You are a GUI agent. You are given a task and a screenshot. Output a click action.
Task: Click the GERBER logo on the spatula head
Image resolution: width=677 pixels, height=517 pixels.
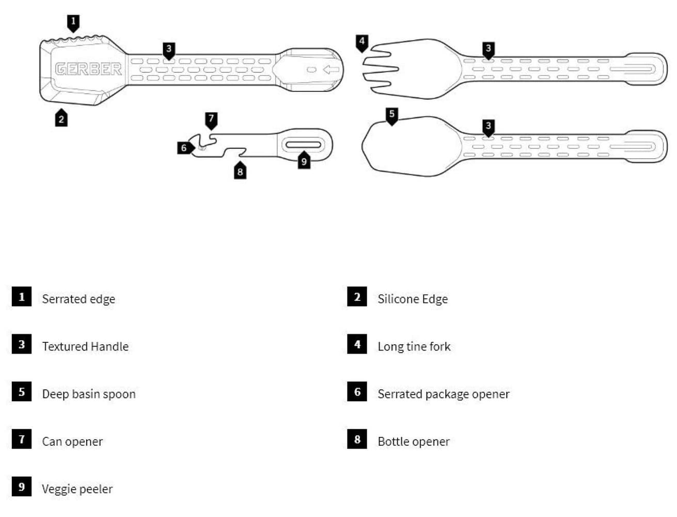88,69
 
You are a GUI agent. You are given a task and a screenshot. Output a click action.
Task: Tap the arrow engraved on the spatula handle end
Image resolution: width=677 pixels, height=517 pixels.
330,69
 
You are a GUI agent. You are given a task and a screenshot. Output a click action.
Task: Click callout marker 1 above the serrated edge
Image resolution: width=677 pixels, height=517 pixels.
73,23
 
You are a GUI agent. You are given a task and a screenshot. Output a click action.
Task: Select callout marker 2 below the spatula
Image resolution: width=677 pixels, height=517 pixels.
61,117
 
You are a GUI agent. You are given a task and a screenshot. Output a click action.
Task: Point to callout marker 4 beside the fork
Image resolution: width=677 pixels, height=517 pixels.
362,43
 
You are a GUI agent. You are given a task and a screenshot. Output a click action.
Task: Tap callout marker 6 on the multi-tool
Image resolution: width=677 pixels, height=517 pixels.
186,148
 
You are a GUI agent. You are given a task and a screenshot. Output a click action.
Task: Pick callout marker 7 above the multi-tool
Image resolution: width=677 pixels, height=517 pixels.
211,121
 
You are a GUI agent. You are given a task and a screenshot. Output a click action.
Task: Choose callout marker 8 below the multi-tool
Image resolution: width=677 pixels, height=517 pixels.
240,170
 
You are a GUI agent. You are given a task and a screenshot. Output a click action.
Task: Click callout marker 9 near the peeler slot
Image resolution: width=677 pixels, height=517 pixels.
304,160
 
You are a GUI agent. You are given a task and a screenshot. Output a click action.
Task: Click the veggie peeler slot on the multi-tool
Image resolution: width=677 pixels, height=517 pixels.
303,145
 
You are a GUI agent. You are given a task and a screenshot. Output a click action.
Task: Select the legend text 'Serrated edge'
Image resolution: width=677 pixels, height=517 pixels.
78,299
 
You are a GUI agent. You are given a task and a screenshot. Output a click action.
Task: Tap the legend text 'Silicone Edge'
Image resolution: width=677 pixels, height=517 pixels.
413,299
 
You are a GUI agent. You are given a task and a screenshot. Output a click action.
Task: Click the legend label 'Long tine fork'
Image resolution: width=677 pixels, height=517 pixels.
414,346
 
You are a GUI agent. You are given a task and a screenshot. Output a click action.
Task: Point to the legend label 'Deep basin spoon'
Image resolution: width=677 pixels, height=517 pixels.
89,394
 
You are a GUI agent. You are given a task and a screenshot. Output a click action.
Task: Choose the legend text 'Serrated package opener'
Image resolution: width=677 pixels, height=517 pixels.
444,394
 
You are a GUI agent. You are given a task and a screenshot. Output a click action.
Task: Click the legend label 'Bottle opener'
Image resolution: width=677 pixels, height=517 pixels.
414,442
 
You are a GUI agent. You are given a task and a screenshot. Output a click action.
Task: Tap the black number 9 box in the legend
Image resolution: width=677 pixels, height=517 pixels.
22,486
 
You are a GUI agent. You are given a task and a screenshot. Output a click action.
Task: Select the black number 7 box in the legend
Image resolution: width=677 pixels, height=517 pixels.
22,439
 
